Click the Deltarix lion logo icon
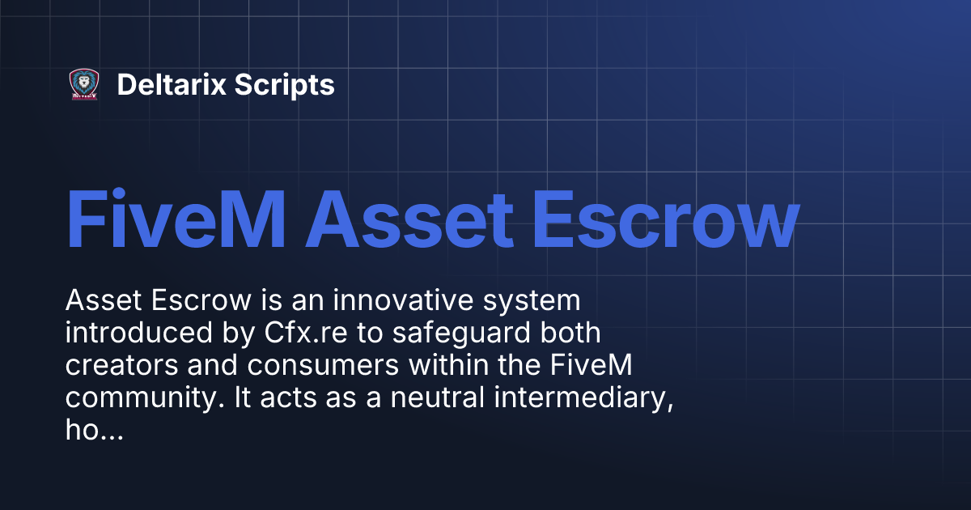(x=84, y=84)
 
